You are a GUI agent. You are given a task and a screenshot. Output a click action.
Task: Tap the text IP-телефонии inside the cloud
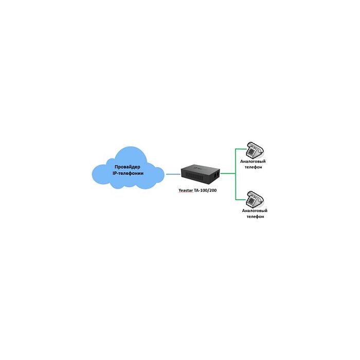128,174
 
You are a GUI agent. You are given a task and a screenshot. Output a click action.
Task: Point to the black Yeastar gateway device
198,175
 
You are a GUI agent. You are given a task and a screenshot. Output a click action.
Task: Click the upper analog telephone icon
254,150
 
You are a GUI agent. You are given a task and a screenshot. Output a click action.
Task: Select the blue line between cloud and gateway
172,174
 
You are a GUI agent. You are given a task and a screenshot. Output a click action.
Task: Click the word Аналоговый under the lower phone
254,211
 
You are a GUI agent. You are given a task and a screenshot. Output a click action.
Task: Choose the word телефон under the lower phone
254,217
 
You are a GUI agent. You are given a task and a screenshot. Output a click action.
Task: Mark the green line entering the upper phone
241,150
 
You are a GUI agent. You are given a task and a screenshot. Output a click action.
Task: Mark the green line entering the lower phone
241,199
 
